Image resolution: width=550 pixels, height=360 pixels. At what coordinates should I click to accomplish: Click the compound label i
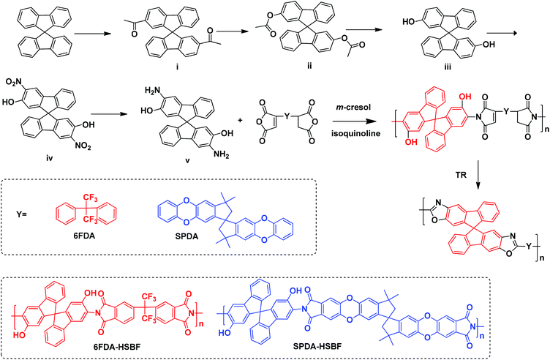(x=177, y=67)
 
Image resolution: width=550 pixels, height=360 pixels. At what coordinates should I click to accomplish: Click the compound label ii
(x=309, y=66)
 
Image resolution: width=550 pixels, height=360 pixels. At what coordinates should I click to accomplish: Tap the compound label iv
(x=50, y=158)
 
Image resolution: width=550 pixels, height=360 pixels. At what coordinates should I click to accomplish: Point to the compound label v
(x=188, y=161)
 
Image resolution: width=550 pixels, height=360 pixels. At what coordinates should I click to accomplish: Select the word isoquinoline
(x=355, y=133)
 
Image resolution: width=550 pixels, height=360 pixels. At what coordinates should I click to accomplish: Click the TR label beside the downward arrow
(x=462, y=174)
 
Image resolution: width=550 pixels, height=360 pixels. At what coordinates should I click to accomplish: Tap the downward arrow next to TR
(x=479, y=175)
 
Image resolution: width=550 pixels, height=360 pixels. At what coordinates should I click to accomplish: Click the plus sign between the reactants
(x=241, y=120)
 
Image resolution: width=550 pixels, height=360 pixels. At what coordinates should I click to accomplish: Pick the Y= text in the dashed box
(x=21, y=214)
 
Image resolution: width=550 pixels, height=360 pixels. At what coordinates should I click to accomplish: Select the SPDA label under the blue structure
(x=187, y=236)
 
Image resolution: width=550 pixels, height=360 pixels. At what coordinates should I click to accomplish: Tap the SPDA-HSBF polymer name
(x=318, y=347)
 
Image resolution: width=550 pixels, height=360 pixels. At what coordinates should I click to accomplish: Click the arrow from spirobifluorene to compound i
(x=93, y=34)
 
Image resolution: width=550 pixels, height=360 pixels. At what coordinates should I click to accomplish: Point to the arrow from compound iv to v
(x=109, y=114)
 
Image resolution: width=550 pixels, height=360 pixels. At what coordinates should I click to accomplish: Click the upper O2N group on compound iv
(x=15, y=83)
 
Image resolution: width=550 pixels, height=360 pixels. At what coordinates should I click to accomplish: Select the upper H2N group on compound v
(x=154, y=91)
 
